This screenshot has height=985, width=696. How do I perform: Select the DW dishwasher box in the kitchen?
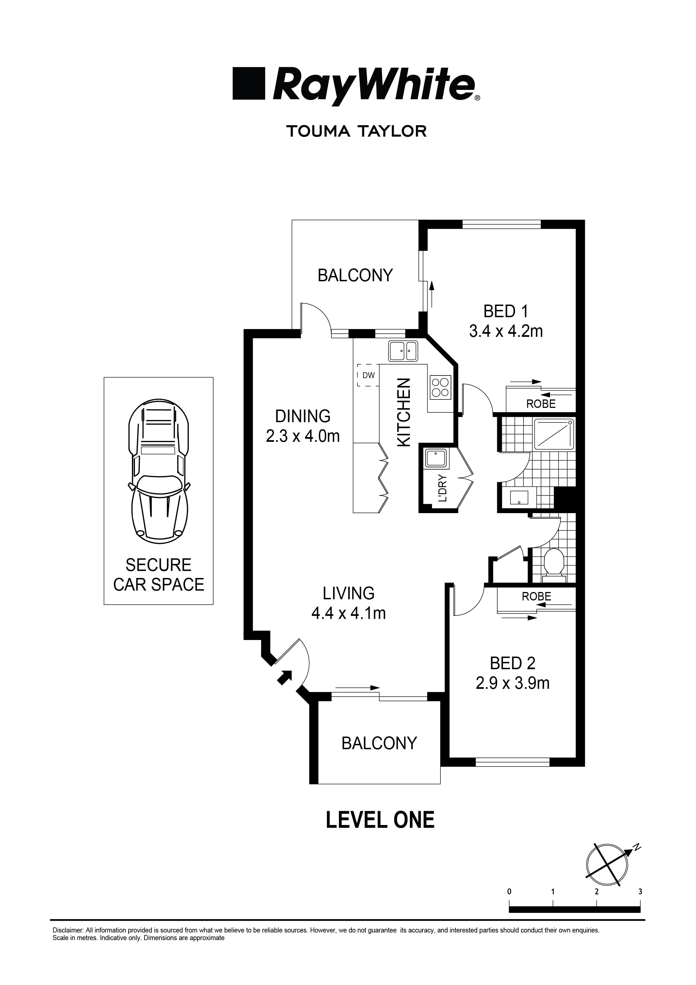tap(368, 375)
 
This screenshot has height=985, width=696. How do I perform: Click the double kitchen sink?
tap(403, 351)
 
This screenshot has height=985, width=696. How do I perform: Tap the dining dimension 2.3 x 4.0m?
tap(303, 436)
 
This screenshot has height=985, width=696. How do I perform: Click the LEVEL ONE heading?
tap(380, 820)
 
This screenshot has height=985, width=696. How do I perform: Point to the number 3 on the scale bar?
tap(640, 892)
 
